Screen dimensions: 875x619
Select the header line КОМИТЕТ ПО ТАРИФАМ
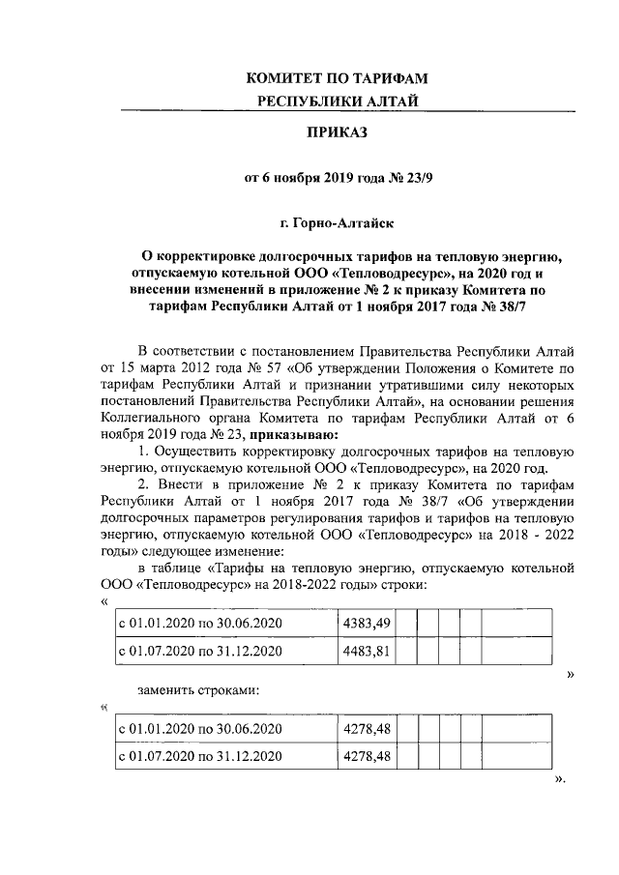[337, 76]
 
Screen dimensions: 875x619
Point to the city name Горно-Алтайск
[338, 224]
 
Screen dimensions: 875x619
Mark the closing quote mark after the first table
[570, 673]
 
